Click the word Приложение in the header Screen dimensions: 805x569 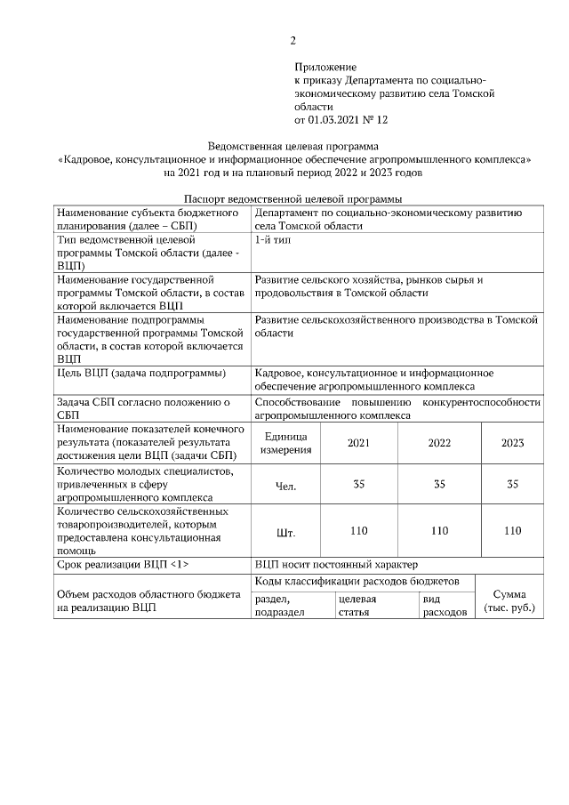(325, 67)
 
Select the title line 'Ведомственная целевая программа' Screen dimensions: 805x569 (293, 145)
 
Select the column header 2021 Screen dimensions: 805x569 (358, 442)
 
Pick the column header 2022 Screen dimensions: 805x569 (439, 442)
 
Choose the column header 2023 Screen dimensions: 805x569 (512, 442)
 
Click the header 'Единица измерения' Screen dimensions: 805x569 (285, 442)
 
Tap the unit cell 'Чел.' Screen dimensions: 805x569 (285, 486)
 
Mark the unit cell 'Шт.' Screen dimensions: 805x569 (285, 532)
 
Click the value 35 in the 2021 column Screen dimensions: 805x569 (358, 485)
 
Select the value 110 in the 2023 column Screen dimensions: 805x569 (512, 531)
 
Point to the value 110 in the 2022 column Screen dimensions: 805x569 (439, 531)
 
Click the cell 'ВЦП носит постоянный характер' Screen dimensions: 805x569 (333, 565)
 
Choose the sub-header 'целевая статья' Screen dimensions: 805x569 (357, 606)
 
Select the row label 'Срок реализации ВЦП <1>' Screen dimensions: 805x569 (123, 565)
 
